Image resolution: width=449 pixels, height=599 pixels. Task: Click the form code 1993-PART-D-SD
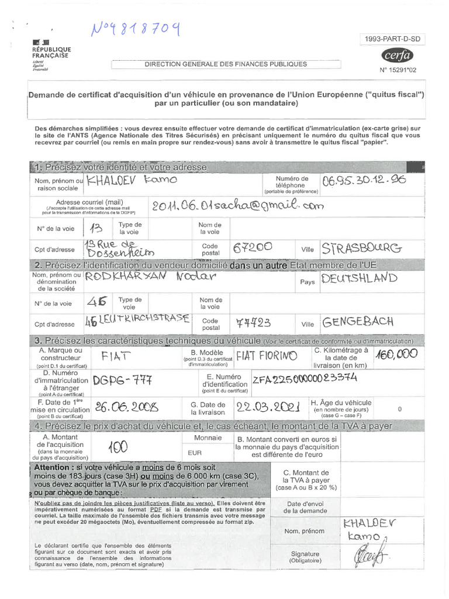point(393,39)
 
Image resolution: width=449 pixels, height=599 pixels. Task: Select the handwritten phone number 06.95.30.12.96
point(363,181)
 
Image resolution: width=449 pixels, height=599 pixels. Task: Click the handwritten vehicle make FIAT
point(116,356)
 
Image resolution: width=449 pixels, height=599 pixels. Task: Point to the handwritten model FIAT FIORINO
point(267,355)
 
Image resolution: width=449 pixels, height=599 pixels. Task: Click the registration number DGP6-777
point(122,380)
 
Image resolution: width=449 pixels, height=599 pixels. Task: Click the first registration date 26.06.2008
point(124,407)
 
